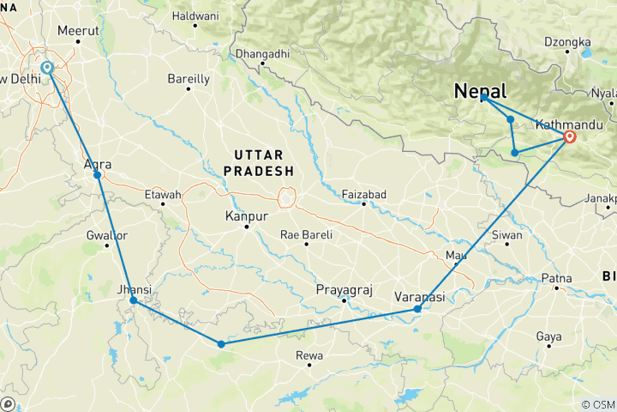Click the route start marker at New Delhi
(x=46, y=68)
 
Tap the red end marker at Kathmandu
(x=570, y=136)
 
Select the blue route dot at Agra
(x=98, y=175)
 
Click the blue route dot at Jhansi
(x=133, y=300)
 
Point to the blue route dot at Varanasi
(x=417, y=309)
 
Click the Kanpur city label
(x=246, y=215)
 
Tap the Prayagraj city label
(x=344, y=290)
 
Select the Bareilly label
(x=189, y=79)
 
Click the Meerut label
(x=78, y=30)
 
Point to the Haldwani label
(x=195, y=15)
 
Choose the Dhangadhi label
(x=263, y=53)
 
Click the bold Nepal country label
(x=480, y=90)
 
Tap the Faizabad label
(x=365, y=193)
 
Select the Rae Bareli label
(x=306, y=234)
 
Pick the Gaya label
(x=548, y=336)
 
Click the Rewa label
(x=308, y=354)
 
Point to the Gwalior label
(x=107, y=234)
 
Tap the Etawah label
(x=164, y=195)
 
